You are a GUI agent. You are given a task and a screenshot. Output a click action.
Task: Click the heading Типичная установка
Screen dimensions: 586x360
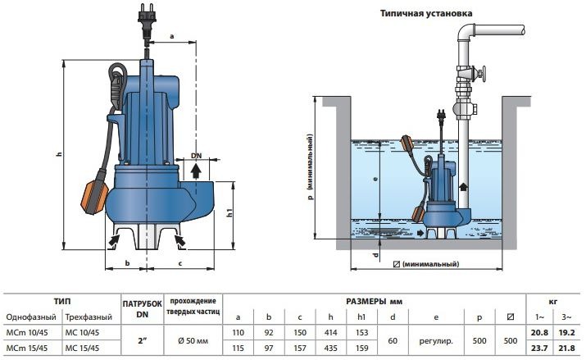pyautogui.click(x=426, y=13)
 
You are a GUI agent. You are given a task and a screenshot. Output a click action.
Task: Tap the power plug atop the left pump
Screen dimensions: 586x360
pyautogui.click(x=146, y=18)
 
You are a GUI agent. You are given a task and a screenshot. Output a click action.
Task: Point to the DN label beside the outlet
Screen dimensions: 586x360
pyautogui.click(x=196, y=156)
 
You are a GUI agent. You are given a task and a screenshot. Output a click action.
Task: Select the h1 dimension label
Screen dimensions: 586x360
pyautogui.click(x=230, y=212)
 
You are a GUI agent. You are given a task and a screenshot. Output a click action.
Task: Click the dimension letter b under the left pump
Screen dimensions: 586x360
pyautogui.click(x=127, y=263)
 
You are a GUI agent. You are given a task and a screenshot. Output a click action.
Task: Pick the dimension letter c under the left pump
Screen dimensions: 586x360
pyautogui.click(x=179, y=264)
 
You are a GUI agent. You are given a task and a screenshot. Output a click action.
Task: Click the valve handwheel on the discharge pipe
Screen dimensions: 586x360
pyautogui.click(x=483, y=74)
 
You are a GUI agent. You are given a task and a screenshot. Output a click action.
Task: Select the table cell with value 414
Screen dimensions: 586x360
pyautogui.click(x=331, y=332)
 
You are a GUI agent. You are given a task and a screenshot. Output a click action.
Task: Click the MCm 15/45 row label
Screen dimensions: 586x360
pyautogui.click(x=27, y=348)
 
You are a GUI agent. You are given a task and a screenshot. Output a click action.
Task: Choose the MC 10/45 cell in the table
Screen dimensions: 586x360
pyautogui.click(x=82, y=332)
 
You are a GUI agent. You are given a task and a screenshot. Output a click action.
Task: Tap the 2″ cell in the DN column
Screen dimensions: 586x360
pyautogui.click(x=143, y=340)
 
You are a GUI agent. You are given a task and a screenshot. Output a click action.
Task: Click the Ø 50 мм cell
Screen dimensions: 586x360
pyautogui.click(x=193, y=340)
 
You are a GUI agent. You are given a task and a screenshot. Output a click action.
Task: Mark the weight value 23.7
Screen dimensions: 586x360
pyautogui.click(x=539, y=348)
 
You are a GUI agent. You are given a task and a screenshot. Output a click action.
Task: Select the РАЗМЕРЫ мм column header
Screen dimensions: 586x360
pyautogui.click(x=374, y=301)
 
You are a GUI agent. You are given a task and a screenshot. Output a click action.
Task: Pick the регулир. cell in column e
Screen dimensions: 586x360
pyautogui.click(x=436, y=340)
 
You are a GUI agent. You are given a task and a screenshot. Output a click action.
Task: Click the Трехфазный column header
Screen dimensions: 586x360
pyautogui.click(x=89, y=317)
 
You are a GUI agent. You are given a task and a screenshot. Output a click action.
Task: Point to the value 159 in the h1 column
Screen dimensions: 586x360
pyautogui.click(x=361, y=348)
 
